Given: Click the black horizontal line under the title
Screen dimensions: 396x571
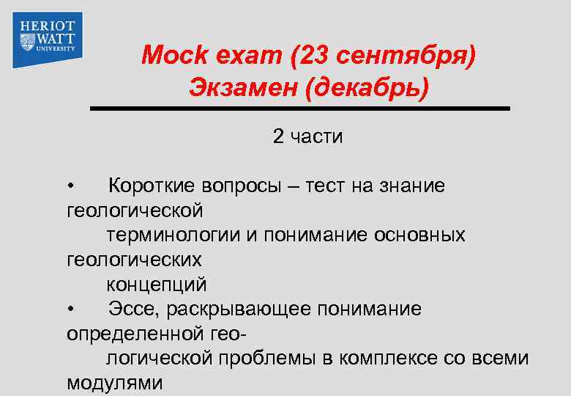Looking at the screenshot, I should click(299, 109).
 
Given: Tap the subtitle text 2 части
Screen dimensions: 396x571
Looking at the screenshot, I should click(307, 136).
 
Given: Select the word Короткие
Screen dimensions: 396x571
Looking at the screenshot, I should click(150, 186).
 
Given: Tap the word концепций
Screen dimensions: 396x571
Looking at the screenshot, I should click(157, 285).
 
